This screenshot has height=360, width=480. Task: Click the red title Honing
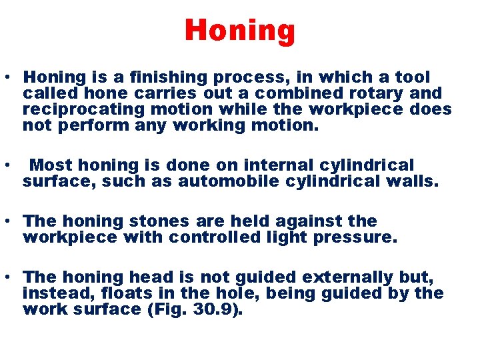pos(239,31)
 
